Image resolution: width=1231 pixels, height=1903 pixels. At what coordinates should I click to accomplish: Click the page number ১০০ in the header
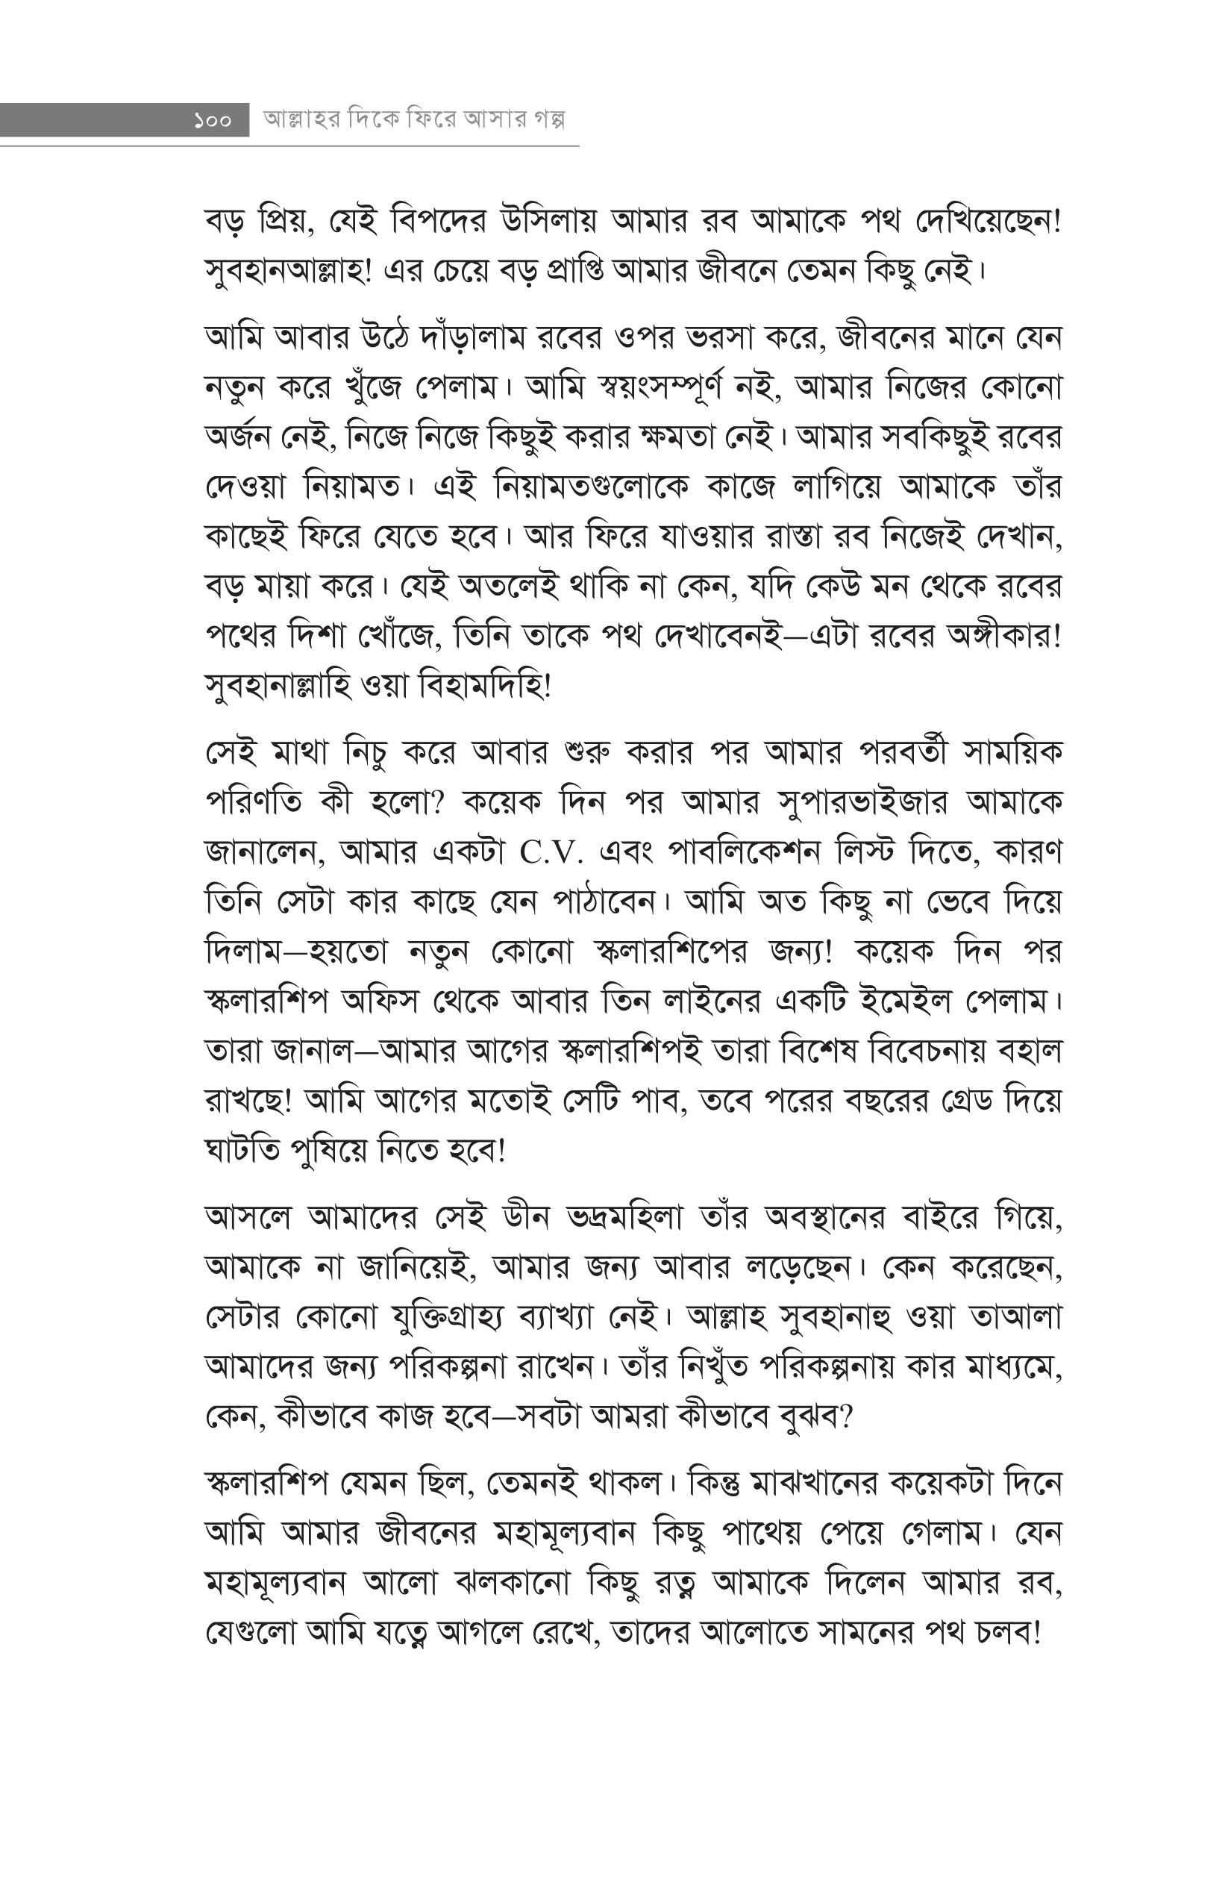(x=213, y=121)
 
